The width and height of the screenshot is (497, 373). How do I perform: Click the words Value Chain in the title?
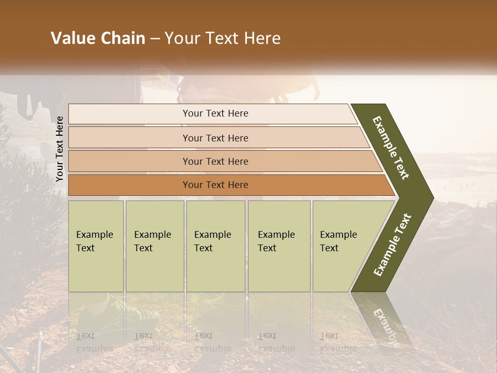point(98,38)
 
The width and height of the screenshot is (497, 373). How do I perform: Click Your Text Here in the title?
point(223,38)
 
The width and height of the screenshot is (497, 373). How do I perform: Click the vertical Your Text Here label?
point(60,149)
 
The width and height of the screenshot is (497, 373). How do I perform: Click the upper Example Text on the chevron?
point(391,148)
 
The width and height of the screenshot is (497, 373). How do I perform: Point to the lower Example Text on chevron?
point(392,245)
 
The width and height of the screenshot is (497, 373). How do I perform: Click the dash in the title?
point(155,38)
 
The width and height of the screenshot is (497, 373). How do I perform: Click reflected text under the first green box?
point(94,342)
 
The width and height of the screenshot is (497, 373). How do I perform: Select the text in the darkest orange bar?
point(215,185)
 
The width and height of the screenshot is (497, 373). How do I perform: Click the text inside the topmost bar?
point(215,113)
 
